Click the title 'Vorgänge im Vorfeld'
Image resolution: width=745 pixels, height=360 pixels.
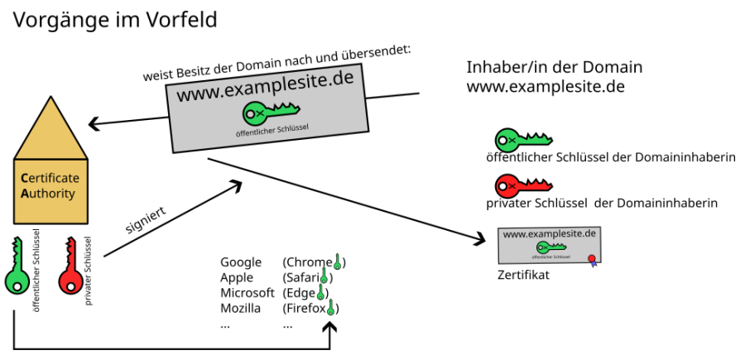click(x=114, y=20)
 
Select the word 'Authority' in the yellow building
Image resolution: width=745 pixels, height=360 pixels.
click(x=48, y=194)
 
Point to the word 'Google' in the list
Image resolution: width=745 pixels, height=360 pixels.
click(x=241, y=262)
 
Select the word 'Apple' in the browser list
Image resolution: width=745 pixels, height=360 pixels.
click(x=237, y=278)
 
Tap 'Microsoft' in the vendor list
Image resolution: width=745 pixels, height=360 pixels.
click(x=247, y=293)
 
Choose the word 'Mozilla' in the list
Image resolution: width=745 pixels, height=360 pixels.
click(x=240, y=309)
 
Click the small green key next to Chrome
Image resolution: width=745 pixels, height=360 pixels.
click(x=337, y=262)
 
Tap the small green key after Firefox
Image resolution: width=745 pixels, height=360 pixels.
click(x=331, y=309)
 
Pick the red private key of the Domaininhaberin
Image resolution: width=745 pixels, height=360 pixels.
click(x=522, y=185)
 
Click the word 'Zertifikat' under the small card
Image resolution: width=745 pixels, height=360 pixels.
click(x=523, y=275)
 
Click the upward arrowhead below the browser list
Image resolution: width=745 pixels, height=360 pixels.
click(x=331, y=329)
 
